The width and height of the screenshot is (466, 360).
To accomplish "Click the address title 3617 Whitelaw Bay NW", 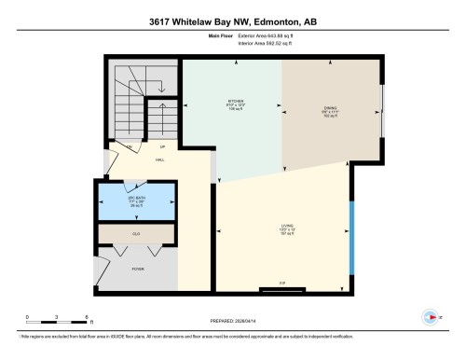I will click(x=233, y=21).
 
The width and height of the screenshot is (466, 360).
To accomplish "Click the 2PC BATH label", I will click(x=136, y=199).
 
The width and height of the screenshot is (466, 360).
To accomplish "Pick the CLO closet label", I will click(x=136, y=233).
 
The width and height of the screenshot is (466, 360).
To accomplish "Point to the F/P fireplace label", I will click(x=281, y=283).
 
